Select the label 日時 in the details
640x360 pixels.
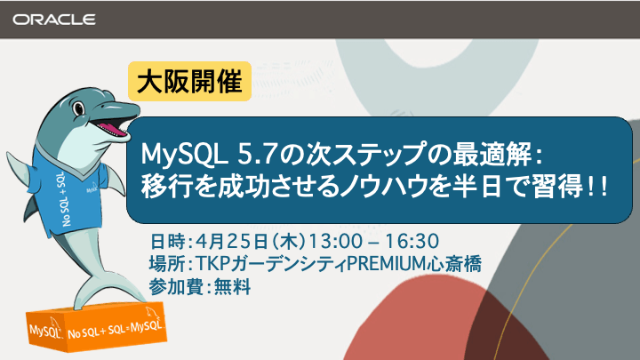pos(165,241)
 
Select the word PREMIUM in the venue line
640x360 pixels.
pos(385,264)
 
